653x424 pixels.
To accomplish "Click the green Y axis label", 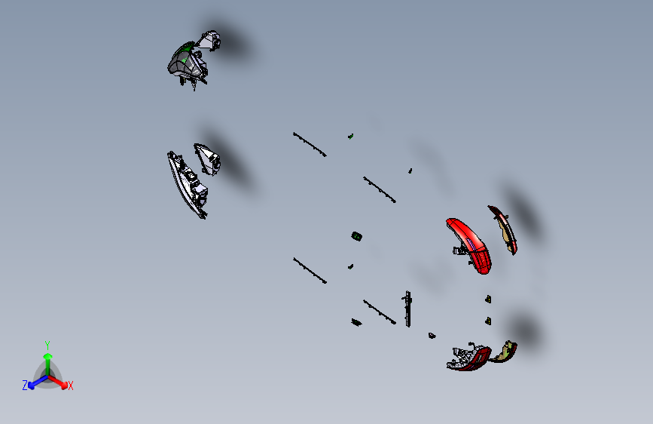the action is [47, 345].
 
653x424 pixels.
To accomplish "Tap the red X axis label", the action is [70, 386].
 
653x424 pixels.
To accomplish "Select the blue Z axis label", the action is [25, 386].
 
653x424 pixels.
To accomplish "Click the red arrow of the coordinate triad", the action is [58, 382].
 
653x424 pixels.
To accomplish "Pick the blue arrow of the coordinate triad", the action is [38, 382].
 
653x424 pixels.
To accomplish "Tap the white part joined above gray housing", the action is [209, 41].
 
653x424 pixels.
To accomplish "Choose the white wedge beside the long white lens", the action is [207, 159].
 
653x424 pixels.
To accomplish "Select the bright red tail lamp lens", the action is [470, 246].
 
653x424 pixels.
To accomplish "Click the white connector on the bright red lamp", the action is [459, 250].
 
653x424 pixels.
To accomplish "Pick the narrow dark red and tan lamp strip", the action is [503, 229].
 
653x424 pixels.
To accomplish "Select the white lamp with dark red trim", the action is [468, 358].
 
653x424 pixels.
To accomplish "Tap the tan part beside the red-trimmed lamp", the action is [505, 352].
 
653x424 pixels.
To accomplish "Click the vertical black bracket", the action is [407, 309].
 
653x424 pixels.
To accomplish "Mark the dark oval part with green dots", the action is [356, 237].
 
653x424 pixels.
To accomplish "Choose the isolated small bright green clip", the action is [351, 137].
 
